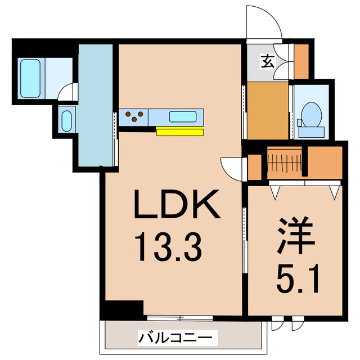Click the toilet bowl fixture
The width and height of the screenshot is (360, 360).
tap(310, 114)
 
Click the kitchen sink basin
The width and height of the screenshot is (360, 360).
tap(183, 117)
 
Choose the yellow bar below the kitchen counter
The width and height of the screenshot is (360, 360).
tap(179, 132)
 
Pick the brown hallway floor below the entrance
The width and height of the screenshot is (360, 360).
tap(268, 110)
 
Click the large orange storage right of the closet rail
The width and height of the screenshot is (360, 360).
tap(326, 161)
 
